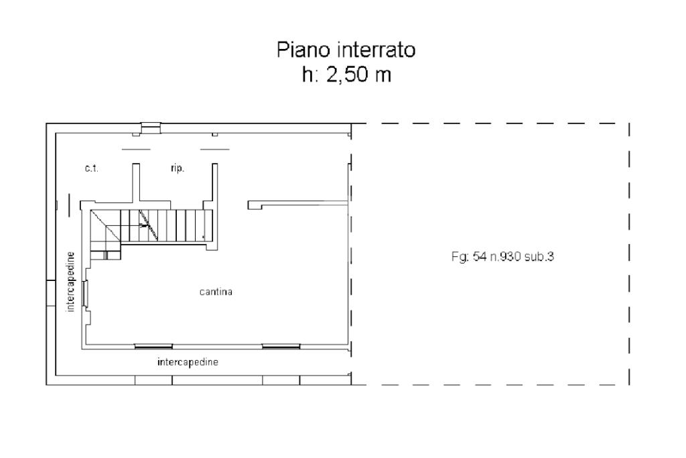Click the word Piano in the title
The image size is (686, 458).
[303, 50]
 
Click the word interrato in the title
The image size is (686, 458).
[376, 50]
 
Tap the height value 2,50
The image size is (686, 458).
[345, 75]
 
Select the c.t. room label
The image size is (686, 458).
[91, 168]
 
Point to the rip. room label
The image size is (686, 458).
[177, 168]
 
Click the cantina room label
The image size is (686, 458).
[216, 292]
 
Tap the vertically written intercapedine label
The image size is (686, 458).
[70, 282]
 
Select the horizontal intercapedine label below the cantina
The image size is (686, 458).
[188, 362]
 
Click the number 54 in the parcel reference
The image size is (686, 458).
[479, 256]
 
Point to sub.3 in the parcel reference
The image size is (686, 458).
[539, 256]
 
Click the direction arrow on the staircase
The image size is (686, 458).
[143, 226]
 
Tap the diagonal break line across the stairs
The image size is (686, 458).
[148, 225]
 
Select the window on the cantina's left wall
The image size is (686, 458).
[86, 293]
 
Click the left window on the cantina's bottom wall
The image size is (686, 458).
[153, 346]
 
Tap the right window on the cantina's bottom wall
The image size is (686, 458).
[281, 346]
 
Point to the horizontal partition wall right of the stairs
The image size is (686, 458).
[298, 204]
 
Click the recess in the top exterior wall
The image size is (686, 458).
[151, 128]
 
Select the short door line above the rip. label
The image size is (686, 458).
[215, 150]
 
